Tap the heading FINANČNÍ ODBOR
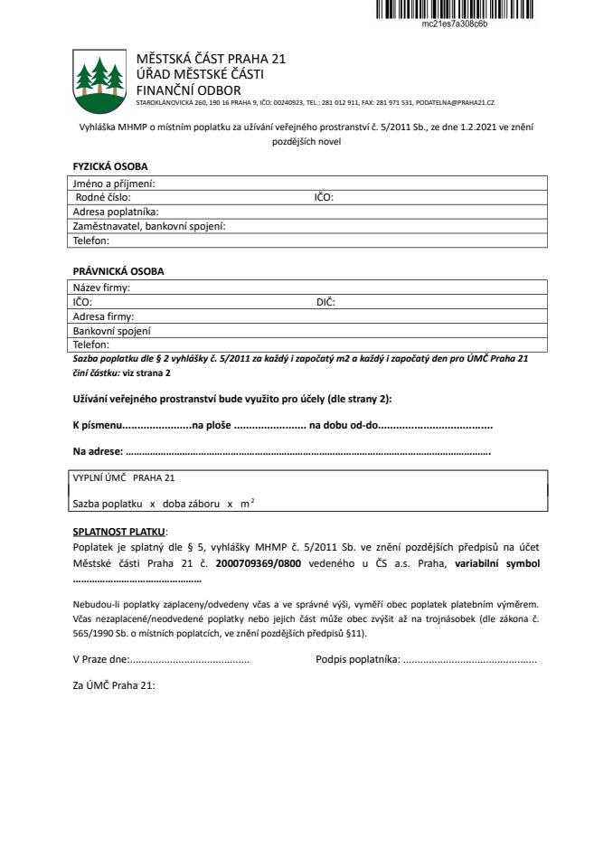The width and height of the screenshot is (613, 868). (x=188, y=90)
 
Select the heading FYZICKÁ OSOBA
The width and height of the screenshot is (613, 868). (x=109, y=166)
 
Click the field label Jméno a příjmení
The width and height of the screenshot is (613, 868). (x=113, y=184)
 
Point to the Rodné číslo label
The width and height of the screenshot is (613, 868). (x=103, y=196)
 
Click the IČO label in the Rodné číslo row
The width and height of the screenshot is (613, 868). (x=324, y=196)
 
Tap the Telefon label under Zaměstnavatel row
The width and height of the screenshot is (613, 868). (x=90, y=241)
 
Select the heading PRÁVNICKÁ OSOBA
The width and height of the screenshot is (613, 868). (x=118, y=271)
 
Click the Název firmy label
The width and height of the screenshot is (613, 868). (x=101, y=288)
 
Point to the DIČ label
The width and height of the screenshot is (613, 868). (x=325, y=302)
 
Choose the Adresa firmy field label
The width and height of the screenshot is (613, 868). (x=103, y=316)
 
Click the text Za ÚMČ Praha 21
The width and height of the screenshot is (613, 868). (x=114, y=685)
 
